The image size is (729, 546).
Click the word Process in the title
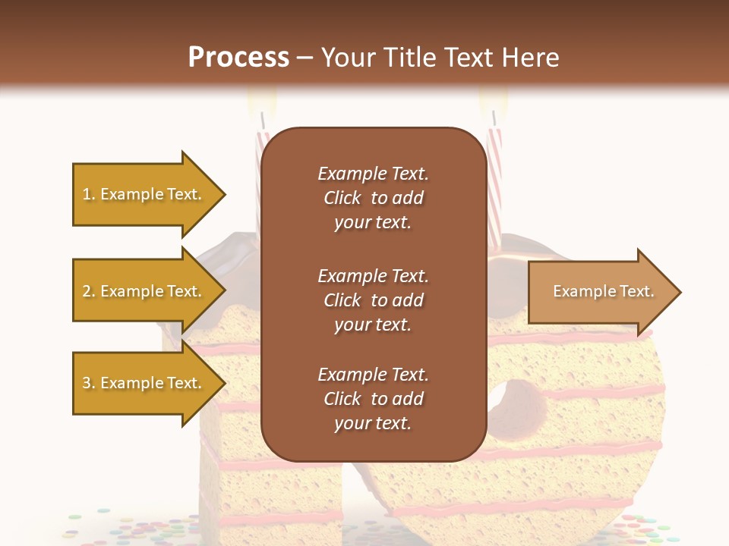pos(238,58)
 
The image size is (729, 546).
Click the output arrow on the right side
pos(600,292)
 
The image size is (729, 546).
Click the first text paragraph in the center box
pos(373,198)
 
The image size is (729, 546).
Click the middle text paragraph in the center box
pos(373,300)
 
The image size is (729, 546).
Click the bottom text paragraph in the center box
pos(373,399)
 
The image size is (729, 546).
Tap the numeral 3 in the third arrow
pos(86,383)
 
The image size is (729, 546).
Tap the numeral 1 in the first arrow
pos(86,194)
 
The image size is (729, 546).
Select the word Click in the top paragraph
pos(342,198)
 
